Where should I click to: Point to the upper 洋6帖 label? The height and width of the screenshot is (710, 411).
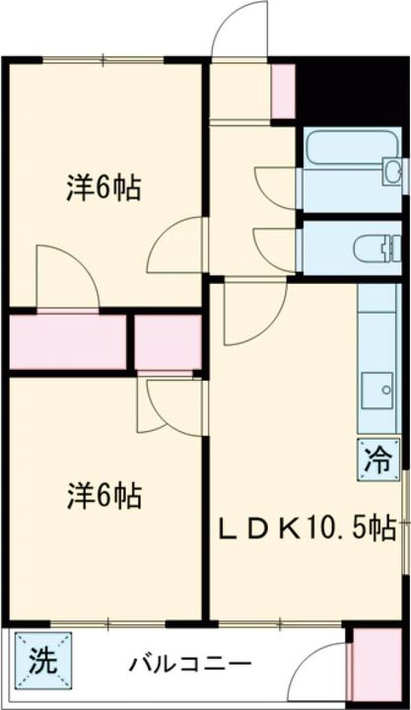click(x=103, y=187)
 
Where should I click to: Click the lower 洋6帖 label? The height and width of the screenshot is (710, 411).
click(x=103, y=493)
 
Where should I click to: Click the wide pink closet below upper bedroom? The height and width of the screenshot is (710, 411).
click(x=67, y=341)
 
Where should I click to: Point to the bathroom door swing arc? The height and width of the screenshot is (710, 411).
click(x=276, y=187)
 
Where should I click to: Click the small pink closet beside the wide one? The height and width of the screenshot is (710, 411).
click(x=168, y=341)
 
